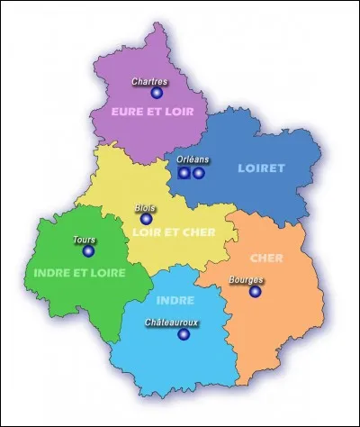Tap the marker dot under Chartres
(x=157, y=93)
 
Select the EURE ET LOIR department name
(x=148, y=113)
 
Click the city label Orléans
(x=193, y=159)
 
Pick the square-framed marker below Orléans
(x=184, y=172)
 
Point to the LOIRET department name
(x=260, y=168)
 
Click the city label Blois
(x=144, y=207)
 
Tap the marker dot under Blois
(x=147, y=218)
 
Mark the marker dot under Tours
(x=88, y=251)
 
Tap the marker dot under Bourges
(x=256, y=291)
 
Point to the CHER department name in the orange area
(x=267, y=259)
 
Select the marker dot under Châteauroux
(x=184, y=333)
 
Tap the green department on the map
(x=54, y=297)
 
